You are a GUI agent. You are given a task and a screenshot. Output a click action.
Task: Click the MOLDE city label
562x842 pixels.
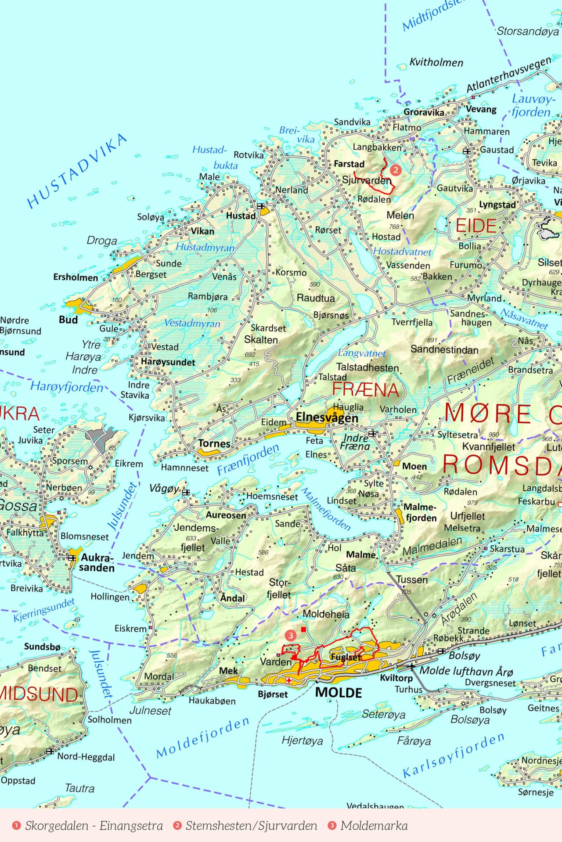click(x=339, y=693)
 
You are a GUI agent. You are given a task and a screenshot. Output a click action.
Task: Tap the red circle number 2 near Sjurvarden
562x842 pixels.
click(x=396, y=169)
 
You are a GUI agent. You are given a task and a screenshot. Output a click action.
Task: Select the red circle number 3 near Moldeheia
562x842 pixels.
click(x=290, y=635)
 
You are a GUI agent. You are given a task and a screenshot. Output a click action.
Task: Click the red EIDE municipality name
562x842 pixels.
click(x=476, y=226)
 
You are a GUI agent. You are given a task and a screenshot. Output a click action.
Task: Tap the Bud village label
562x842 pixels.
click(x=68, y=320)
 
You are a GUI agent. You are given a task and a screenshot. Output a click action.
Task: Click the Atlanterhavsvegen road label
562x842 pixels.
click(x=508, y=75)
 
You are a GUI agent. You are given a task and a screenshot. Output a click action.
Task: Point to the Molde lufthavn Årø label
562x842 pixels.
click(x=466, y=671)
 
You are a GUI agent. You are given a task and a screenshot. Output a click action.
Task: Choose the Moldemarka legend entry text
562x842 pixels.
click(x=374, y=826)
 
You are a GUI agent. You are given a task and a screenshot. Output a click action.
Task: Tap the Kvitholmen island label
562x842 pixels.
click(x=436, y=62)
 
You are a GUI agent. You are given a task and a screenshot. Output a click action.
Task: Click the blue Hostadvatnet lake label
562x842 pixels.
click(x=402, y=252)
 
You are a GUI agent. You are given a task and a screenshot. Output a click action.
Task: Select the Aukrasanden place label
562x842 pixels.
click(x=97, y=562)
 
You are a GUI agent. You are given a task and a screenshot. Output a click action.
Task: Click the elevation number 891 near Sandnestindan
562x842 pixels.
click(x=432, y=340)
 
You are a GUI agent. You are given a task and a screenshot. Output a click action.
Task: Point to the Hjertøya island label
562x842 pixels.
click(x=302, y=741)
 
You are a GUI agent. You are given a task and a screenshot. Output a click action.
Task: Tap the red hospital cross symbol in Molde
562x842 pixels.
click(x=289, y=680)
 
